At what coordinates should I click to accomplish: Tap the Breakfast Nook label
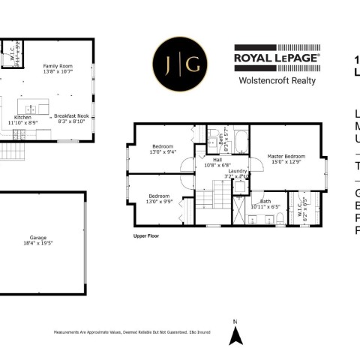pyautogui.click(x=72, y=116)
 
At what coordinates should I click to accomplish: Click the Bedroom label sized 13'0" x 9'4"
pyautogui.click(x=163, y=145)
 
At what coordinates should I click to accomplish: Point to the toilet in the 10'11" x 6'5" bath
pyautogui.click(x=278, y=218)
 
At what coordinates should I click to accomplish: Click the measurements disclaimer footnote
pyautogui.click(x=129, y=331)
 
